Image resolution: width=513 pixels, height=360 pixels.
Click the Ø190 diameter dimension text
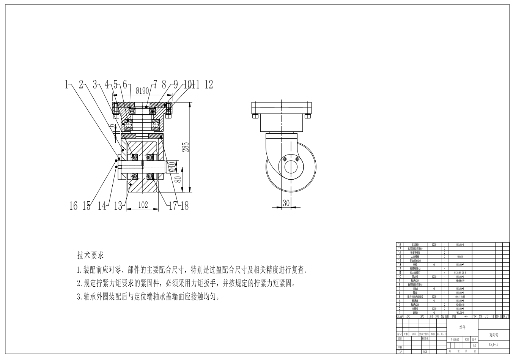click(x=142, y=90)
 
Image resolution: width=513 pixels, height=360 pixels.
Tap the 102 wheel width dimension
click(x=143, y=205)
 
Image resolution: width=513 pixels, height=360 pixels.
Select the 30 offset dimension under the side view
click(x=286, y=203)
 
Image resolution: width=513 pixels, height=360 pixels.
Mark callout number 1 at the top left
click(x=68, y=85)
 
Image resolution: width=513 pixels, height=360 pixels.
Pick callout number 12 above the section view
click(x=209, y=85)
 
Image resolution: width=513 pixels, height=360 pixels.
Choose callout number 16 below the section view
click(x=73, y=206)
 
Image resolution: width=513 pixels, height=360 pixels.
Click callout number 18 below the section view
click(x=184, y=205)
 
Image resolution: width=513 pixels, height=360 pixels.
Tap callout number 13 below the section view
click(x=118, y=206)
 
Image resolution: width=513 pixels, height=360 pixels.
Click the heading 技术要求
click(x=90, y=255)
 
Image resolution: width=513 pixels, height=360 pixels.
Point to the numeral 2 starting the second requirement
click(x=79, y=283)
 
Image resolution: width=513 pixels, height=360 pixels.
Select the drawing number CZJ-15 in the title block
click(x=494, y=344)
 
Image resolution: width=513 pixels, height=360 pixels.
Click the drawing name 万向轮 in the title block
click(x=494, y=335)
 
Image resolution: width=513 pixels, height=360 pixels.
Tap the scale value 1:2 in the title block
click(x=474, y=346)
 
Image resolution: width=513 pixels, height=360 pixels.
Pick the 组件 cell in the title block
click(x=462, y=327)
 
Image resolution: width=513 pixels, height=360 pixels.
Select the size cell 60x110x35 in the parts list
click(x=460, y=297)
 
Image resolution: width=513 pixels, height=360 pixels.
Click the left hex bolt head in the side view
click(x=255, y=116)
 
